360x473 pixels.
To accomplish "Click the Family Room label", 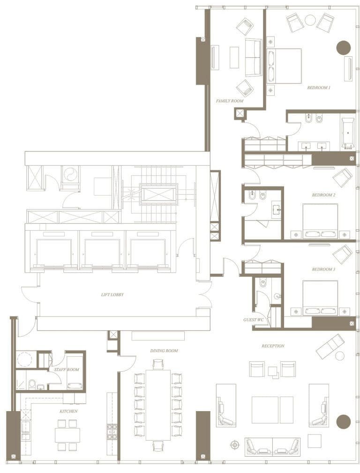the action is tap(229, 101).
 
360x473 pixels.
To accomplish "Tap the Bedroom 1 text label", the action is tap(319, 88).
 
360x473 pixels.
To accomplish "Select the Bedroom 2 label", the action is tap(323, 195).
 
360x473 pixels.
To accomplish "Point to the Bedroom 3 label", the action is tap(323, 270).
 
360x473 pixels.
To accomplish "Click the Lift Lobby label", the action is tap(112, 295).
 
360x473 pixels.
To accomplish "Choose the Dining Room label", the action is tap(164, 351).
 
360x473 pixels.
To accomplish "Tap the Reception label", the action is tap(273, 346).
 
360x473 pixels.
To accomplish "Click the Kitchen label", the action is tap(68, 411).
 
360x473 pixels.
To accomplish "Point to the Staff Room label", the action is tap(67, 369).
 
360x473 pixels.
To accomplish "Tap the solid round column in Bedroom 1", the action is tap(344, 48).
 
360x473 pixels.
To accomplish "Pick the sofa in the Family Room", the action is tap(253, 57).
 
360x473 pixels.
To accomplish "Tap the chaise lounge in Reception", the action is tap(330, 344).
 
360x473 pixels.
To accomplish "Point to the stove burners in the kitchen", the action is tap(112, 432).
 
